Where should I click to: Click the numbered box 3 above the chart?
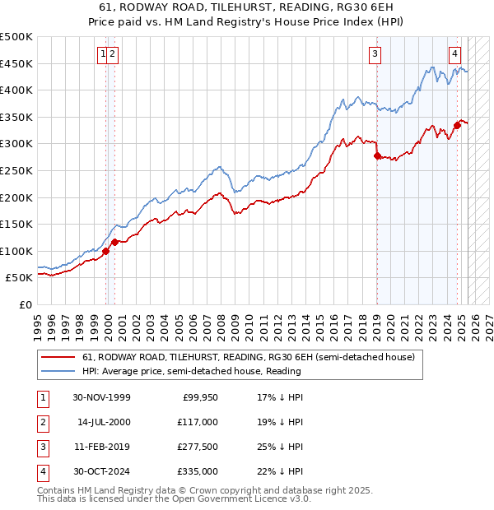point(375,55)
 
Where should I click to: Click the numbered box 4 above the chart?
point(454,55)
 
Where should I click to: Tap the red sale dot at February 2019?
point(376,155)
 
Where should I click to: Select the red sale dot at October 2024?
point(457,125)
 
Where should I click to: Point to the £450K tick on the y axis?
point(16,63)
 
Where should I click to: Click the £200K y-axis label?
point(16,197)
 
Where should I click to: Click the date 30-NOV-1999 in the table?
point(102,397)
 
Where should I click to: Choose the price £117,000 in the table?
point(198,422)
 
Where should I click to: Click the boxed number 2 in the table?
point(42,422)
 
